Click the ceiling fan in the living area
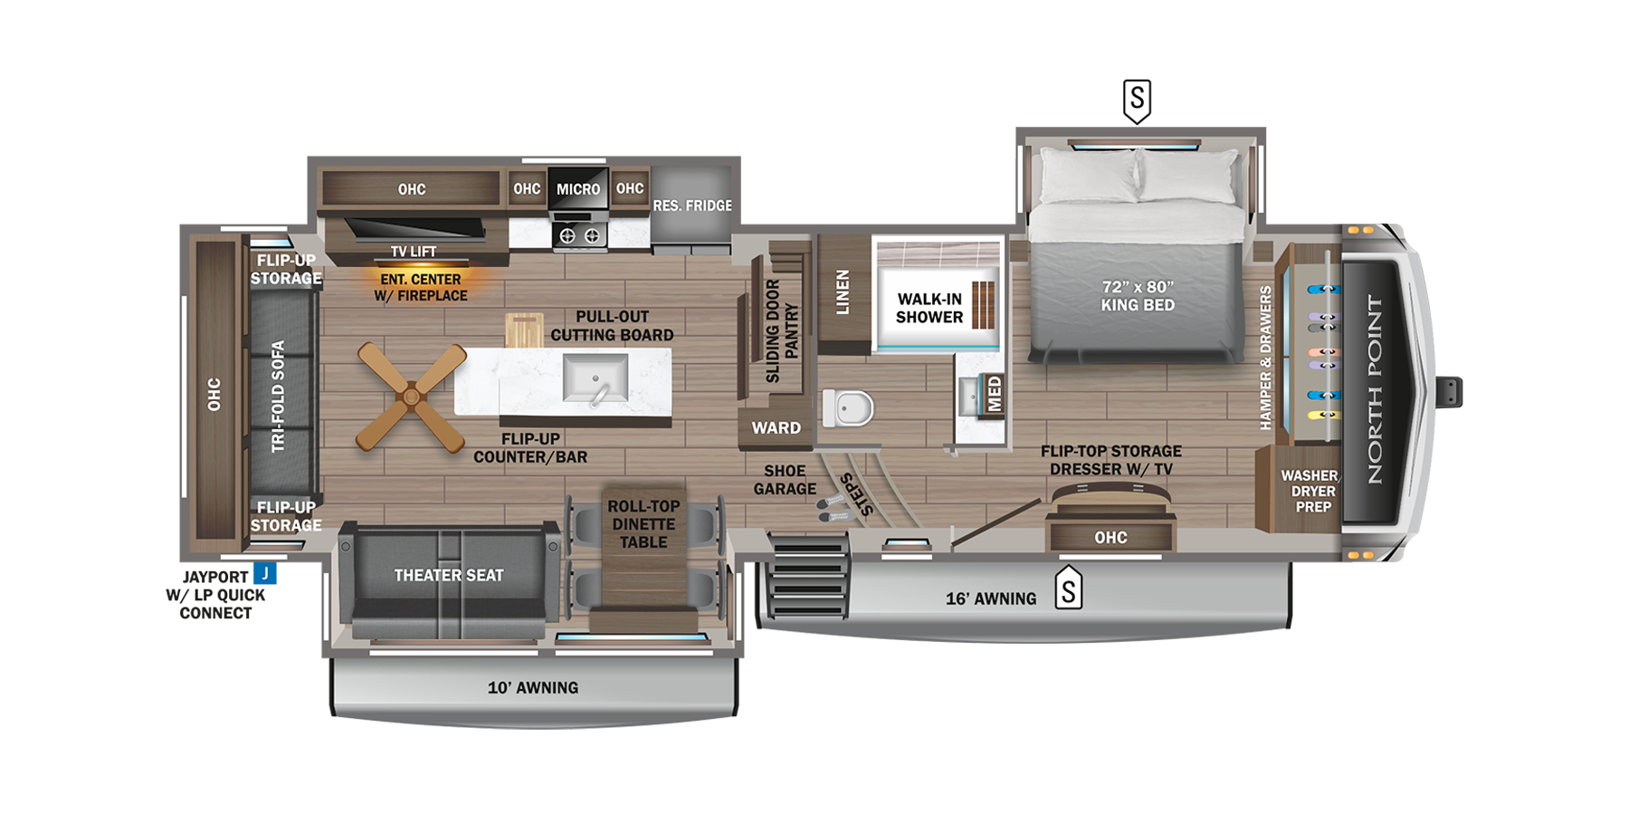[x=411, y=397]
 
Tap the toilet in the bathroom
[x=848, y=407]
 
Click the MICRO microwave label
[x=578, y=189]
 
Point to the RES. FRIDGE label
[x=692, y=206]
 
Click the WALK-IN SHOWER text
[x=929, y=308]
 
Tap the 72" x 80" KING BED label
[x=1138, y=296]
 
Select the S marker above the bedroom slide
[x=1137, y=100]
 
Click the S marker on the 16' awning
[x=1068, y=589]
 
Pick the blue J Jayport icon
[x=264, y=573]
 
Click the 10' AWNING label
[x=532, y=688]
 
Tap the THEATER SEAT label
[x=448, y=576]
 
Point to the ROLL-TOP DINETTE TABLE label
[x=643, y=524]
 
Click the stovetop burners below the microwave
[x=579, y=235]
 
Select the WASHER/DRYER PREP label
[x=1312, y=491]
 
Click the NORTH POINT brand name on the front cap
[x=1375, y=389]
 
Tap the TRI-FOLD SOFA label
[x=278, y=396]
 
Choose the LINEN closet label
[x=843, y=292]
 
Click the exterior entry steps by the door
[x=807, y=576]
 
